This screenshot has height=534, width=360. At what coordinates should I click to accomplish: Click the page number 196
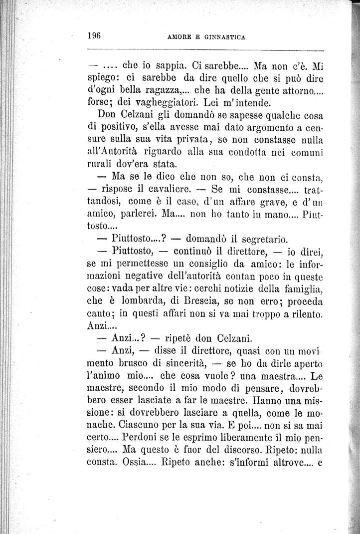[94, 35]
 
